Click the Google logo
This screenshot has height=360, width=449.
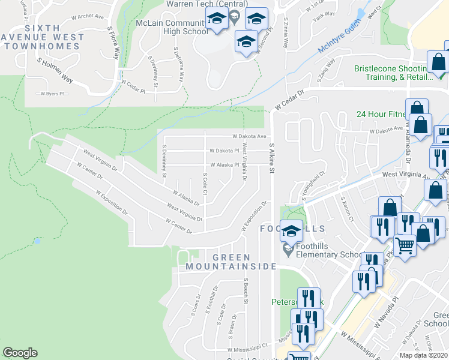coord(20,353)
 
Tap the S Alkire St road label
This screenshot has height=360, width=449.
coord(271,159)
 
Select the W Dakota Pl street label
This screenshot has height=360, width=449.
coord(224,151)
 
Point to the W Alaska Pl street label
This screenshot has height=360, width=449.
coord(224,164)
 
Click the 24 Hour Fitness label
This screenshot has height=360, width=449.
coord(380,114)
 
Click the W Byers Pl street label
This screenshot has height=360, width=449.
coord(51,94)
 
